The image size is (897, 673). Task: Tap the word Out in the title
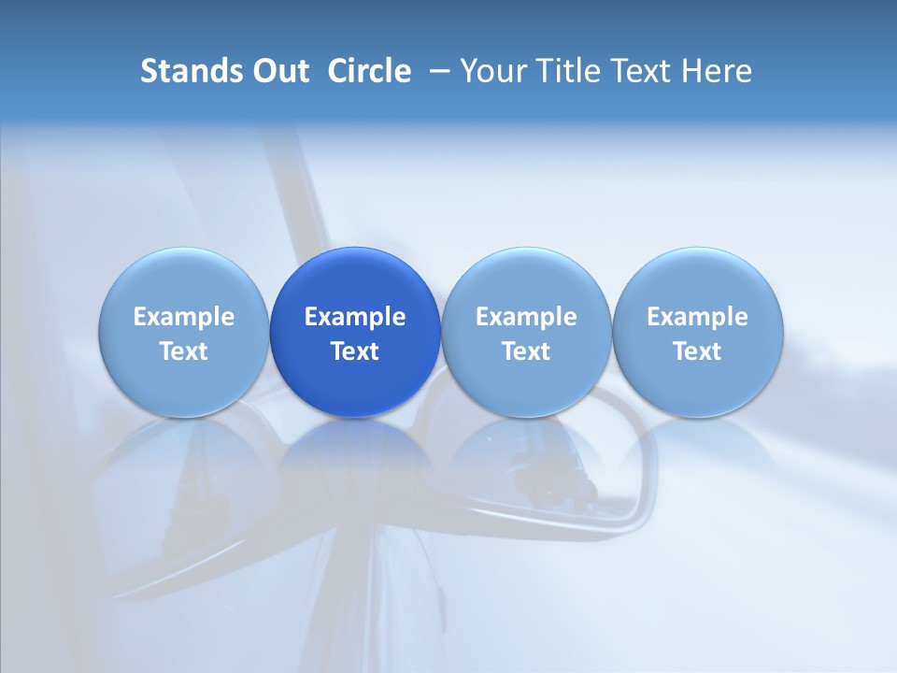pyautogui.click(x=279, y=71)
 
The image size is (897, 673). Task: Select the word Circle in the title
pyautogui.click(x=369, y=71)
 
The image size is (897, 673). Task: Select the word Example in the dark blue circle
pyautogui.click(x=355, y=317)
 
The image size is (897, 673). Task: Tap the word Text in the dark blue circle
pyautogui.click(x=355, y=351)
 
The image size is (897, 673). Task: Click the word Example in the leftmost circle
pyautogui.click(x=184, y=317)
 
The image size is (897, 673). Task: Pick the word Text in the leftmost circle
pyautogui.click(x=184, y=351)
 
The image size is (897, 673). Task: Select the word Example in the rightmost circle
pyautogui.click(x=698, y=317)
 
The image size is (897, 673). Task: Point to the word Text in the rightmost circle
pyautogui.click(x=698, y=351)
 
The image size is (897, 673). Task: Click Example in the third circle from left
pyautogui.click(x=526, y=317)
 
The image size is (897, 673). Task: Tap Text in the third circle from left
pyautogui.click(x=526, y=351)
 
